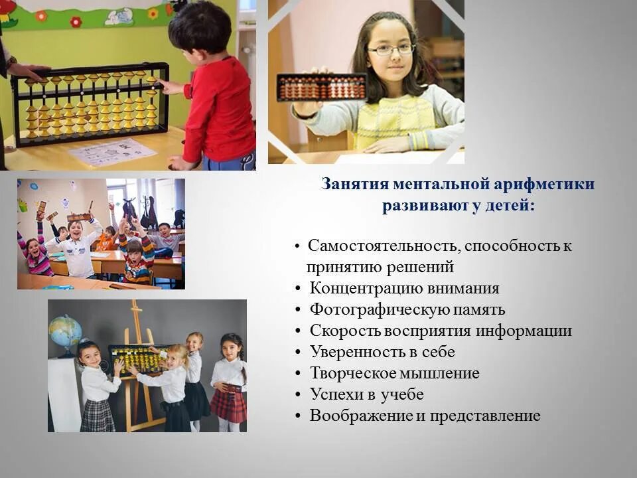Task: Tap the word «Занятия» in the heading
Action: point(354,184)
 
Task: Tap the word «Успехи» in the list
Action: point(336,395)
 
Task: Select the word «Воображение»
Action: point(358,416)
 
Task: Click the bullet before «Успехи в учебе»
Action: point(299,395)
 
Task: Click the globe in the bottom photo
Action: point(65,332)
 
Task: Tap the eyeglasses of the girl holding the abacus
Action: point(391,50)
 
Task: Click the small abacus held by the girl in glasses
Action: point(322,87)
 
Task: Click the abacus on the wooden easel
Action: point(137,359)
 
